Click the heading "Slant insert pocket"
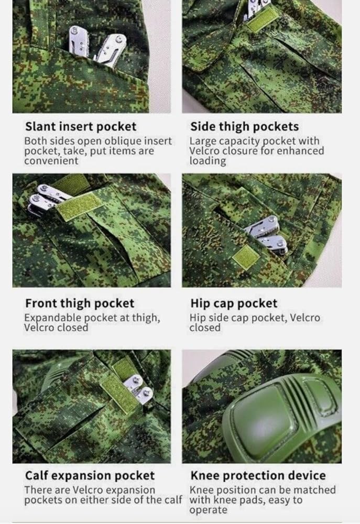click(x=80, y=126)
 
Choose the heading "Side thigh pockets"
click(x=244, y=126)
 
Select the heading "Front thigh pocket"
click(x=80, y=303)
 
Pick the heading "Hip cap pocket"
click(x=234, y=303)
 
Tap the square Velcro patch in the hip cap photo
click(x=245, y=258)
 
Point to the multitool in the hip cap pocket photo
click(x=267, y=234)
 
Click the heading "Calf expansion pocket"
click(x=90, y=476)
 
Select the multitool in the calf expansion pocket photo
click(x=137, y=390)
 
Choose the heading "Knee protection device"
click(x=257, y=476)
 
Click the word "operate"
click(x=209, y=510)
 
